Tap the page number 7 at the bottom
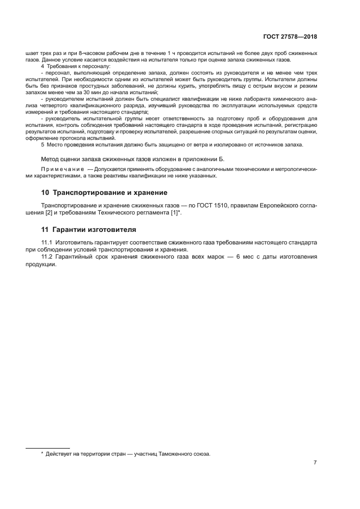315,463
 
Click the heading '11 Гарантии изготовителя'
89,229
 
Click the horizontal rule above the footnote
48,447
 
